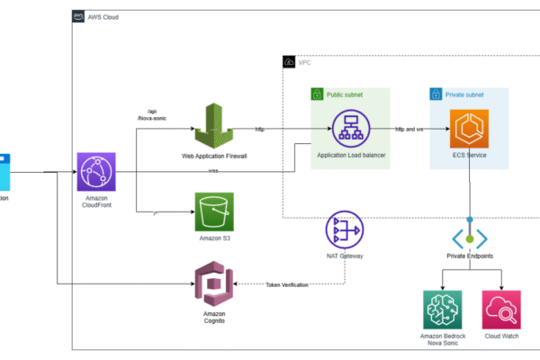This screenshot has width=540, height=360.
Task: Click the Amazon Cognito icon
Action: tap(214, 284)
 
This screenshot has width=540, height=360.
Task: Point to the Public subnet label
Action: tap(344, 94)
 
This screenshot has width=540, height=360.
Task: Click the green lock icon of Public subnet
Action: tap(317, 94)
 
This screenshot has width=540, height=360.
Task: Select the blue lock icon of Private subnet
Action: tap(436, 94)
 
